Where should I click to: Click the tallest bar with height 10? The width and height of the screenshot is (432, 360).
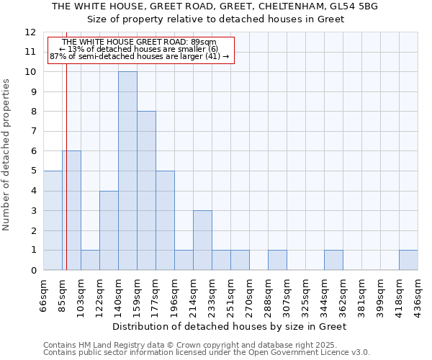127,171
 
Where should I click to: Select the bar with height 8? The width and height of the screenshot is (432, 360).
146,191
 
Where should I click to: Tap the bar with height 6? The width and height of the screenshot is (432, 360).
71,210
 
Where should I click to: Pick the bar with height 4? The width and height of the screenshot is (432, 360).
109,230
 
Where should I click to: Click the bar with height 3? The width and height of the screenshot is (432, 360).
202,240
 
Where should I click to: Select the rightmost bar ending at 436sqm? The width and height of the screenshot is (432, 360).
408,260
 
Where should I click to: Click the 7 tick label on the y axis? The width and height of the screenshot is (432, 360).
32,132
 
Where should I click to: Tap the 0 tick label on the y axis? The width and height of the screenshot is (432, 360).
32,271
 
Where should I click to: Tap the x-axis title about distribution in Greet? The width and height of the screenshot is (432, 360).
230,326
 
